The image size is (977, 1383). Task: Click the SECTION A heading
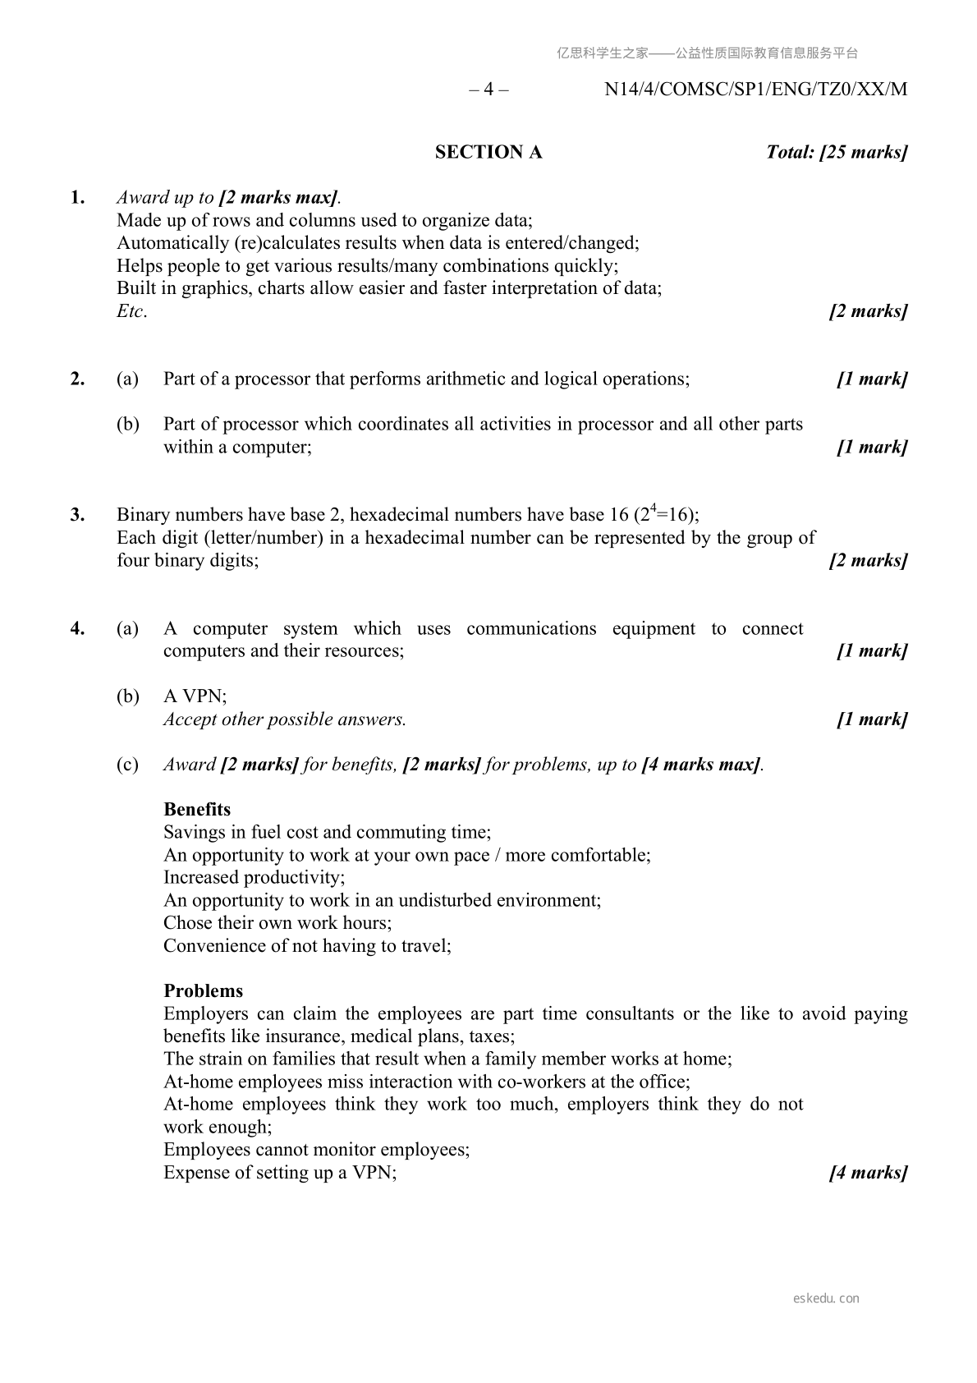tap(488, 152)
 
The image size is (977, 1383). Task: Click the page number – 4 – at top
tap(488, 90)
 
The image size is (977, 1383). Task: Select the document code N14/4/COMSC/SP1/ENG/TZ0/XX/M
tap(755, 90)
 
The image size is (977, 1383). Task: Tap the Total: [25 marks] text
tap(836, 152)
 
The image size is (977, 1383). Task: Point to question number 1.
tap(77, 197)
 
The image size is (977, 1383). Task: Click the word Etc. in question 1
tap(131, 311)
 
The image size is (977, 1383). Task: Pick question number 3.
tap(77, 515)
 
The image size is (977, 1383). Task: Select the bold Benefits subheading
tap(197, 810)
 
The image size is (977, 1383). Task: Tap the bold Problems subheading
tap(203, 991)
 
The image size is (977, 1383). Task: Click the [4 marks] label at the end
tap(868, 1173)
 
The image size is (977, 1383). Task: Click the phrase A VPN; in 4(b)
tap(195, 696)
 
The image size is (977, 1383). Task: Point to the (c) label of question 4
tap(127, 765)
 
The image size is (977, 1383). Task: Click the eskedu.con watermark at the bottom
tap(826, 1298)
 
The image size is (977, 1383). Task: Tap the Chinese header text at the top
tap(707, 53)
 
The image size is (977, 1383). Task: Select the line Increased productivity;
tap(254, 878)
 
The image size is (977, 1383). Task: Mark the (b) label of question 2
tap(127, 425)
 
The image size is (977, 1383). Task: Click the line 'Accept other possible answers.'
tap(284, 719)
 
